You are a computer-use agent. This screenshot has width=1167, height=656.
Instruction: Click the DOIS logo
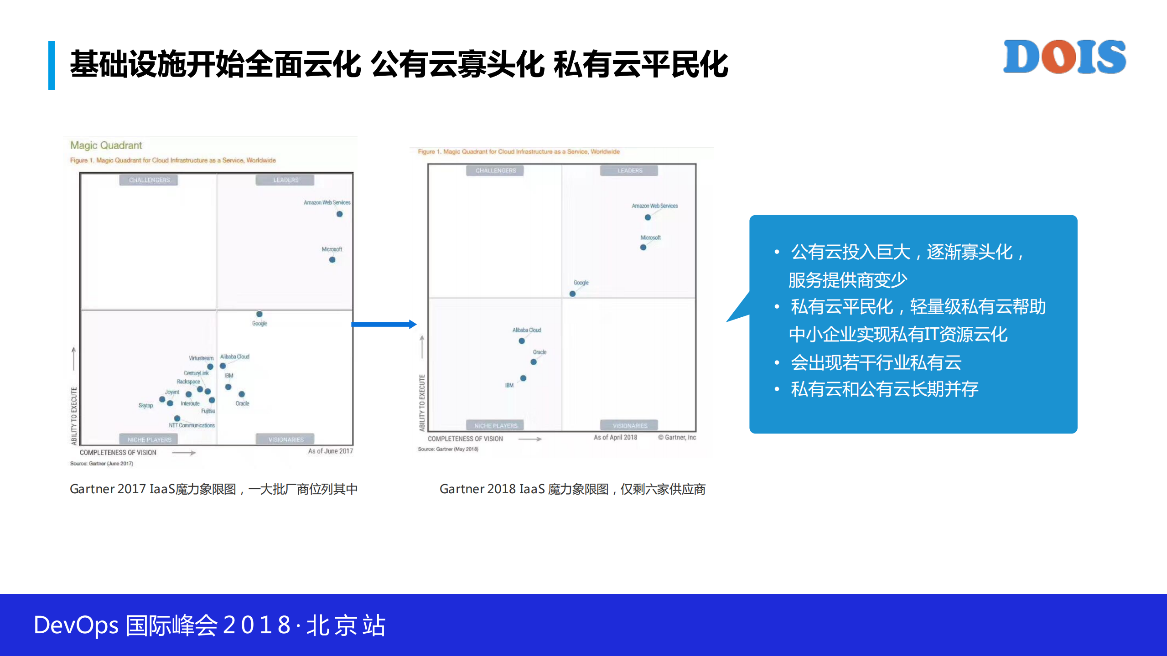pos(1064,57)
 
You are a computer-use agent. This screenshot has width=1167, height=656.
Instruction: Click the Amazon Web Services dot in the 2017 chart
pos(339,214)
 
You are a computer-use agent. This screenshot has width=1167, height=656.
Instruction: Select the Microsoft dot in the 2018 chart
pos(643,247)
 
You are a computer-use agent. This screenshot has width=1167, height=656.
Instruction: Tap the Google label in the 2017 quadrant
pos(259,323)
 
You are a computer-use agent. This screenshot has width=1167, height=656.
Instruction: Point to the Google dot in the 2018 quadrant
pos(572,294)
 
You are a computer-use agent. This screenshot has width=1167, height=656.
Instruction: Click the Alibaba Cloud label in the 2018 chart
pos(527,330)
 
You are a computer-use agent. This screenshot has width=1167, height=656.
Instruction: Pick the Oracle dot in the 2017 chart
pos(242,394)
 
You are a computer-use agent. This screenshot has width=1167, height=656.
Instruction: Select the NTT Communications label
pos(192,425)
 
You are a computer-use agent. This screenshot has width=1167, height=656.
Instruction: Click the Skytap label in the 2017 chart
pos(145,405)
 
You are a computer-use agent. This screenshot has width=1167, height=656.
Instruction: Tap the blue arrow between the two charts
pos(384,324)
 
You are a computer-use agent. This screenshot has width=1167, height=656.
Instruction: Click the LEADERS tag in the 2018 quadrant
pos(629,170)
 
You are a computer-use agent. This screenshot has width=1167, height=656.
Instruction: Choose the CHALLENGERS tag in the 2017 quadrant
pos(149,180)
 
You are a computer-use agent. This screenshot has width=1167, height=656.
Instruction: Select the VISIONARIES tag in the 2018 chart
pos(629,425)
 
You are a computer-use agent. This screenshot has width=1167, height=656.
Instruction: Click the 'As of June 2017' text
pos(330,451)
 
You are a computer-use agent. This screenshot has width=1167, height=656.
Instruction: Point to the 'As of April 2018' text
pos(615,437)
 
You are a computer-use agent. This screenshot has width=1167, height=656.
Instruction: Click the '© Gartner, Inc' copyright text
pos(677,437)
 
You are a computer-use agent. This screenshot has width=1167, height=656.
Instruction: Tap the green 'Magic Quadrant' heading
pos(106,145)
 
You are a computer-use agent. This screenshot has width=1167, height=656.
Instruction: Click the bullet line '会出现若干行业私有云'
pos(876,363)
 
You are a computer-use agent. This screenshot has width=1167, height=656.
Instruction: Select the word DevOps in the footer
pos(76,625)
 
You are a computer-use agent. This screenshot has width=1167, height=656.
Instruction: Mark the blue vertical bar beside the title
pos(52,65)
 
